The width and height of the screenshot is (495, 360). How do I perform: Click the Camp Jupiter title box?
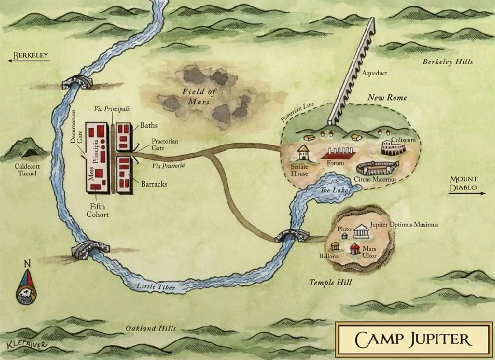click(413, 339)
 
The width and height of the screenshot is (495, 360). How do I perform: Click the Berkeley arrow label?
click(25, 57)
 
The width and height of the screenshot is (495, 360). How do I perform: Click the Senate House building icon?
click(304, 154)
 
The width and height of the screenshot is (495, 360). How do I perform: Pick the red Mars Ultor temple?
click(353, 248)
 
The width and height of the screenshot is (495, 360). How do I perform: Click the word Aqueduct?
click(375, 74)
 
